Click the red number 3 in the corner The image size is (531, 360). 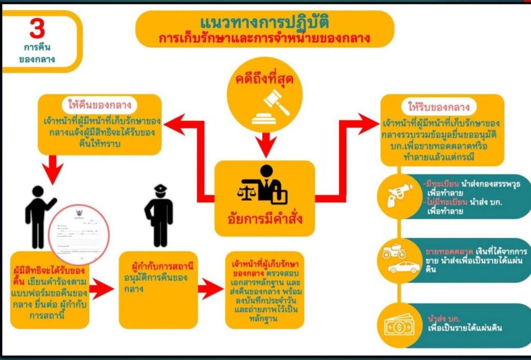pos(37,29)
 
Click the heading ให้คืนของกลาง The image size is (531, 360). pos(99,105)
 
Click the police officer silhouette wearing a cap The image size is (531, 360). pos(159,214)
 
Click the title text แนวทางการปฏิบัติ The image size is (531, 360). pos(264,23)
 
